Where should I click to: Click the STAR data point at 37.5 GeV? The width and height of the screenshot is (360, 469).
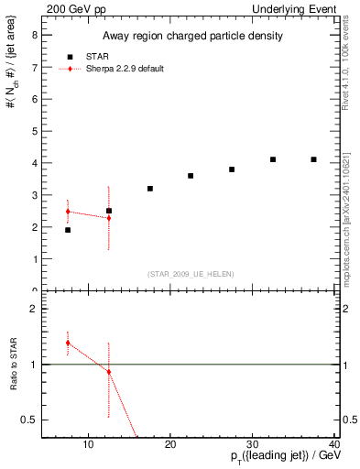313,159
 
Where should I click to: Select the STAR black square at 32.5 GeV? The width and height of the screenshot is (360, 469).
273,159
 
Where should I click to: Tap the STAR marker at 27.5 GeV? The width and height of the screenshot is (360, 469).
232,169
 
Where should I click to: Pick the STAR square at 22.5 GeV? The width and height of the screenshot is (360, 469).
191,176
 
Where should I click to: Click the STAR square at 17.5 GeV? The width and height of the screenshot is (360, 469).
149,189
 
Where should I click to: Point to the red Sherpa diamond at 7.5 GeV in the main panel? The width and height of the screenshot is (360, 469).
68,212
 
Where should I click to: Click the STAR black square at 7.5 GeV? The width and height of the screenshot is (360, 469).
68,230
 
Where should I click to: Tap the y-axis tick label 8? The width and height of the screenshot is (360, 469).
35,36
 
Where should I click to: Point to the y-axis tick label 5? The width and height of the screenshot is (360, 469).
35,131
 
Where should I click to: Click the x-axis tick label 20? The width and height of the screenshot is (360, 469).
170,445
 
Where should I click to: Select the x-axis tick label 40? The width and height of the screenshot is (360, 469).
334,445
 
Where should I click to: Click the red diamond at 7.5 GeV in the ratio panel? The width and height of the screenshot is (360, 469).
68,343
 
